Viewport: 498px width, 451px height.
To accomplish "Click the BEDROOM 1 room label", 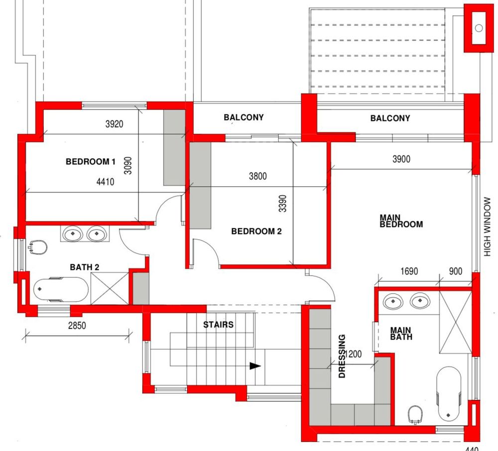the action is coord(91,162).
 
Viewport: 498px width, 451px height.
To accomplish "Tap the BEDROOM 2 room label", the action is coord(256,231).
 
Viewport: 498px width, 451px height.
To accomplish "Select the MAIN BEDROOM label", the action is coord(401,221).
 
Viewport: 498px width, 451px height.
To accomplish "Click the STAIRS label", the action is coord(218,325).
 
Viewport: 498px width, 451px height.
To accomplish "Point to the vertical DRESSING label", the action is coord(342,356).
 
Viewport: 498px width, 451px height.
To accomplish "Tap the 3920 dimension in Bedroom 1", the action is coord(115,124).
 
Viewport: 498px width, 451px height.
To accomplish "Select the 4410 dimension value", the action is coord(105,182).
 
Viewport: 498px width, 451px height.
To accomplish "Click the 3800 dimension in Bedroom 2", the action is coord(257,176).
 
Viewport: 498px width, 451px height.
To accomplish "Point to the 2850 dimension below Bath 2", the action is coord(77,326).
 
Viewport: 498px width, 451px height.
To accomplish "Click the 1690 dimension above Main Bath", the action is coord(409,271).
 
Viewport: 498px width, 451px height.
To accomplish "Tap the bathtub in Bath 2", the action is coord(61,289).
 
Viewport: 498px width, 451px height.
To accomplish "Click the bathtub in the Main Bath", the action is coord(449,394).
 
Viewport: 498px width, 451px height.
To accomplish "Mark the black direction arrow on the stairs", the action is coord(255,366).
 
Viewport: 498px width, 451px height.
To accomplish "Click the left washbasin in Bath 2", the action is coord(73,234).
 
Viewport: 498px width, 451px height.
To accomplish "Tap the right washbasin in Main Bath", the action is coord(420,301).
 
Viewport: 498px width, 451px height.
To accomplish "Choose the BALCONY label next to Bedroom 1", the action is coord(244,117).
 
